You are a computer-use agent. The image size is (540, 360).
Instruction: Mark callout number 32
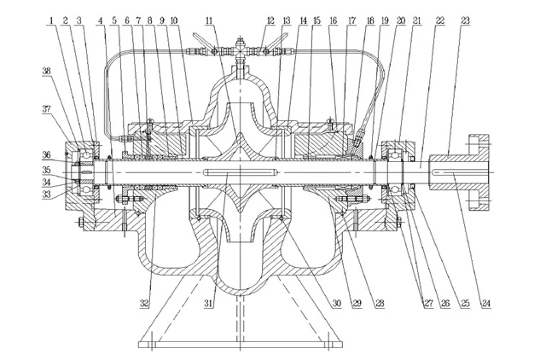(x=144, y=303)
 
